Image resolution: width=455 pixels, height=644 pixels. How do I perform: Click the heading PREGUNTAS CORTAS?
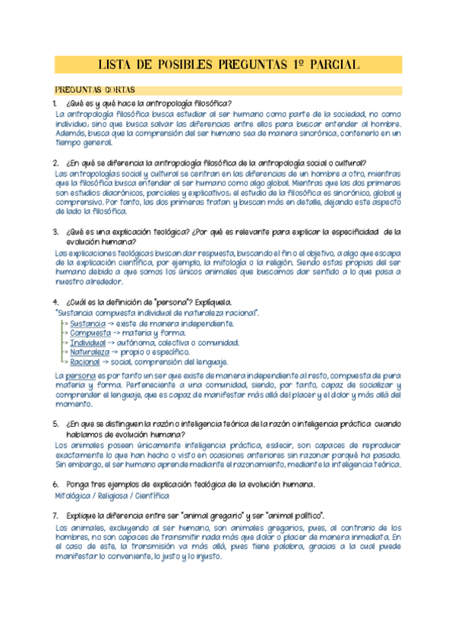click(x=93, y=90)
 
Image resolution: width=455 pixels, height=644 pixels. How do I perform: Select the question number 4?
click(x=55, y=301)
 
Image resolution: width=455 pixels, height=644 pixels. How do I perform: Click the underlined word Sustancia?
click(x=87, y=324)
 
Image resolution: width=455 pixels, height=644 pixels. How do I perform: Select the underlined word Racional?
click(x=85, y=362)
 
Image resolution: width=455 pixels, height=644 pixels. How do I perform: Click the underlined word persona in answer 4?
click(x=81, y=376)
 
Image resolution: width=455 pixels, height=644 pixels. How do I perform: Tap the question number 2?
click(x=55, y=163)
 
